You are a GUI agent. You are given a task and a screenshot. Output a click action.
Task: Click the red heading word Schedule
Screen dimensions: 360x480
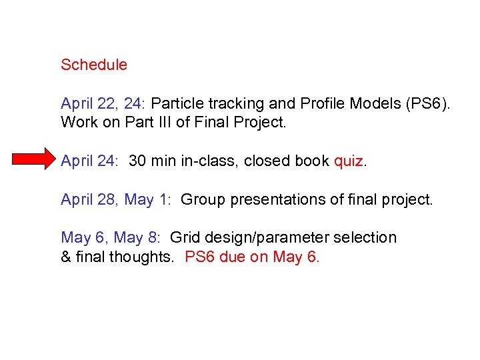tap(93, 65)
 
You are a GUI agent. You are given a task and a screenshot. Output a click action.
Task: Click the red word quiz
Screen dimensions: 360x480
tap(349, 161)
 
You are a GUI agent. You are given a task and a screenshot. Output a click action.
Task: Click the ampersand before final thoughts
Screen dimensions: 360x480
tap(66, 257)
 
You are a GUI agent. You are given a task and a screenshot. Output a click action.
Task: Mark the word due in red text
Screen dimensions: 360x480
tap(232, 257)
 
